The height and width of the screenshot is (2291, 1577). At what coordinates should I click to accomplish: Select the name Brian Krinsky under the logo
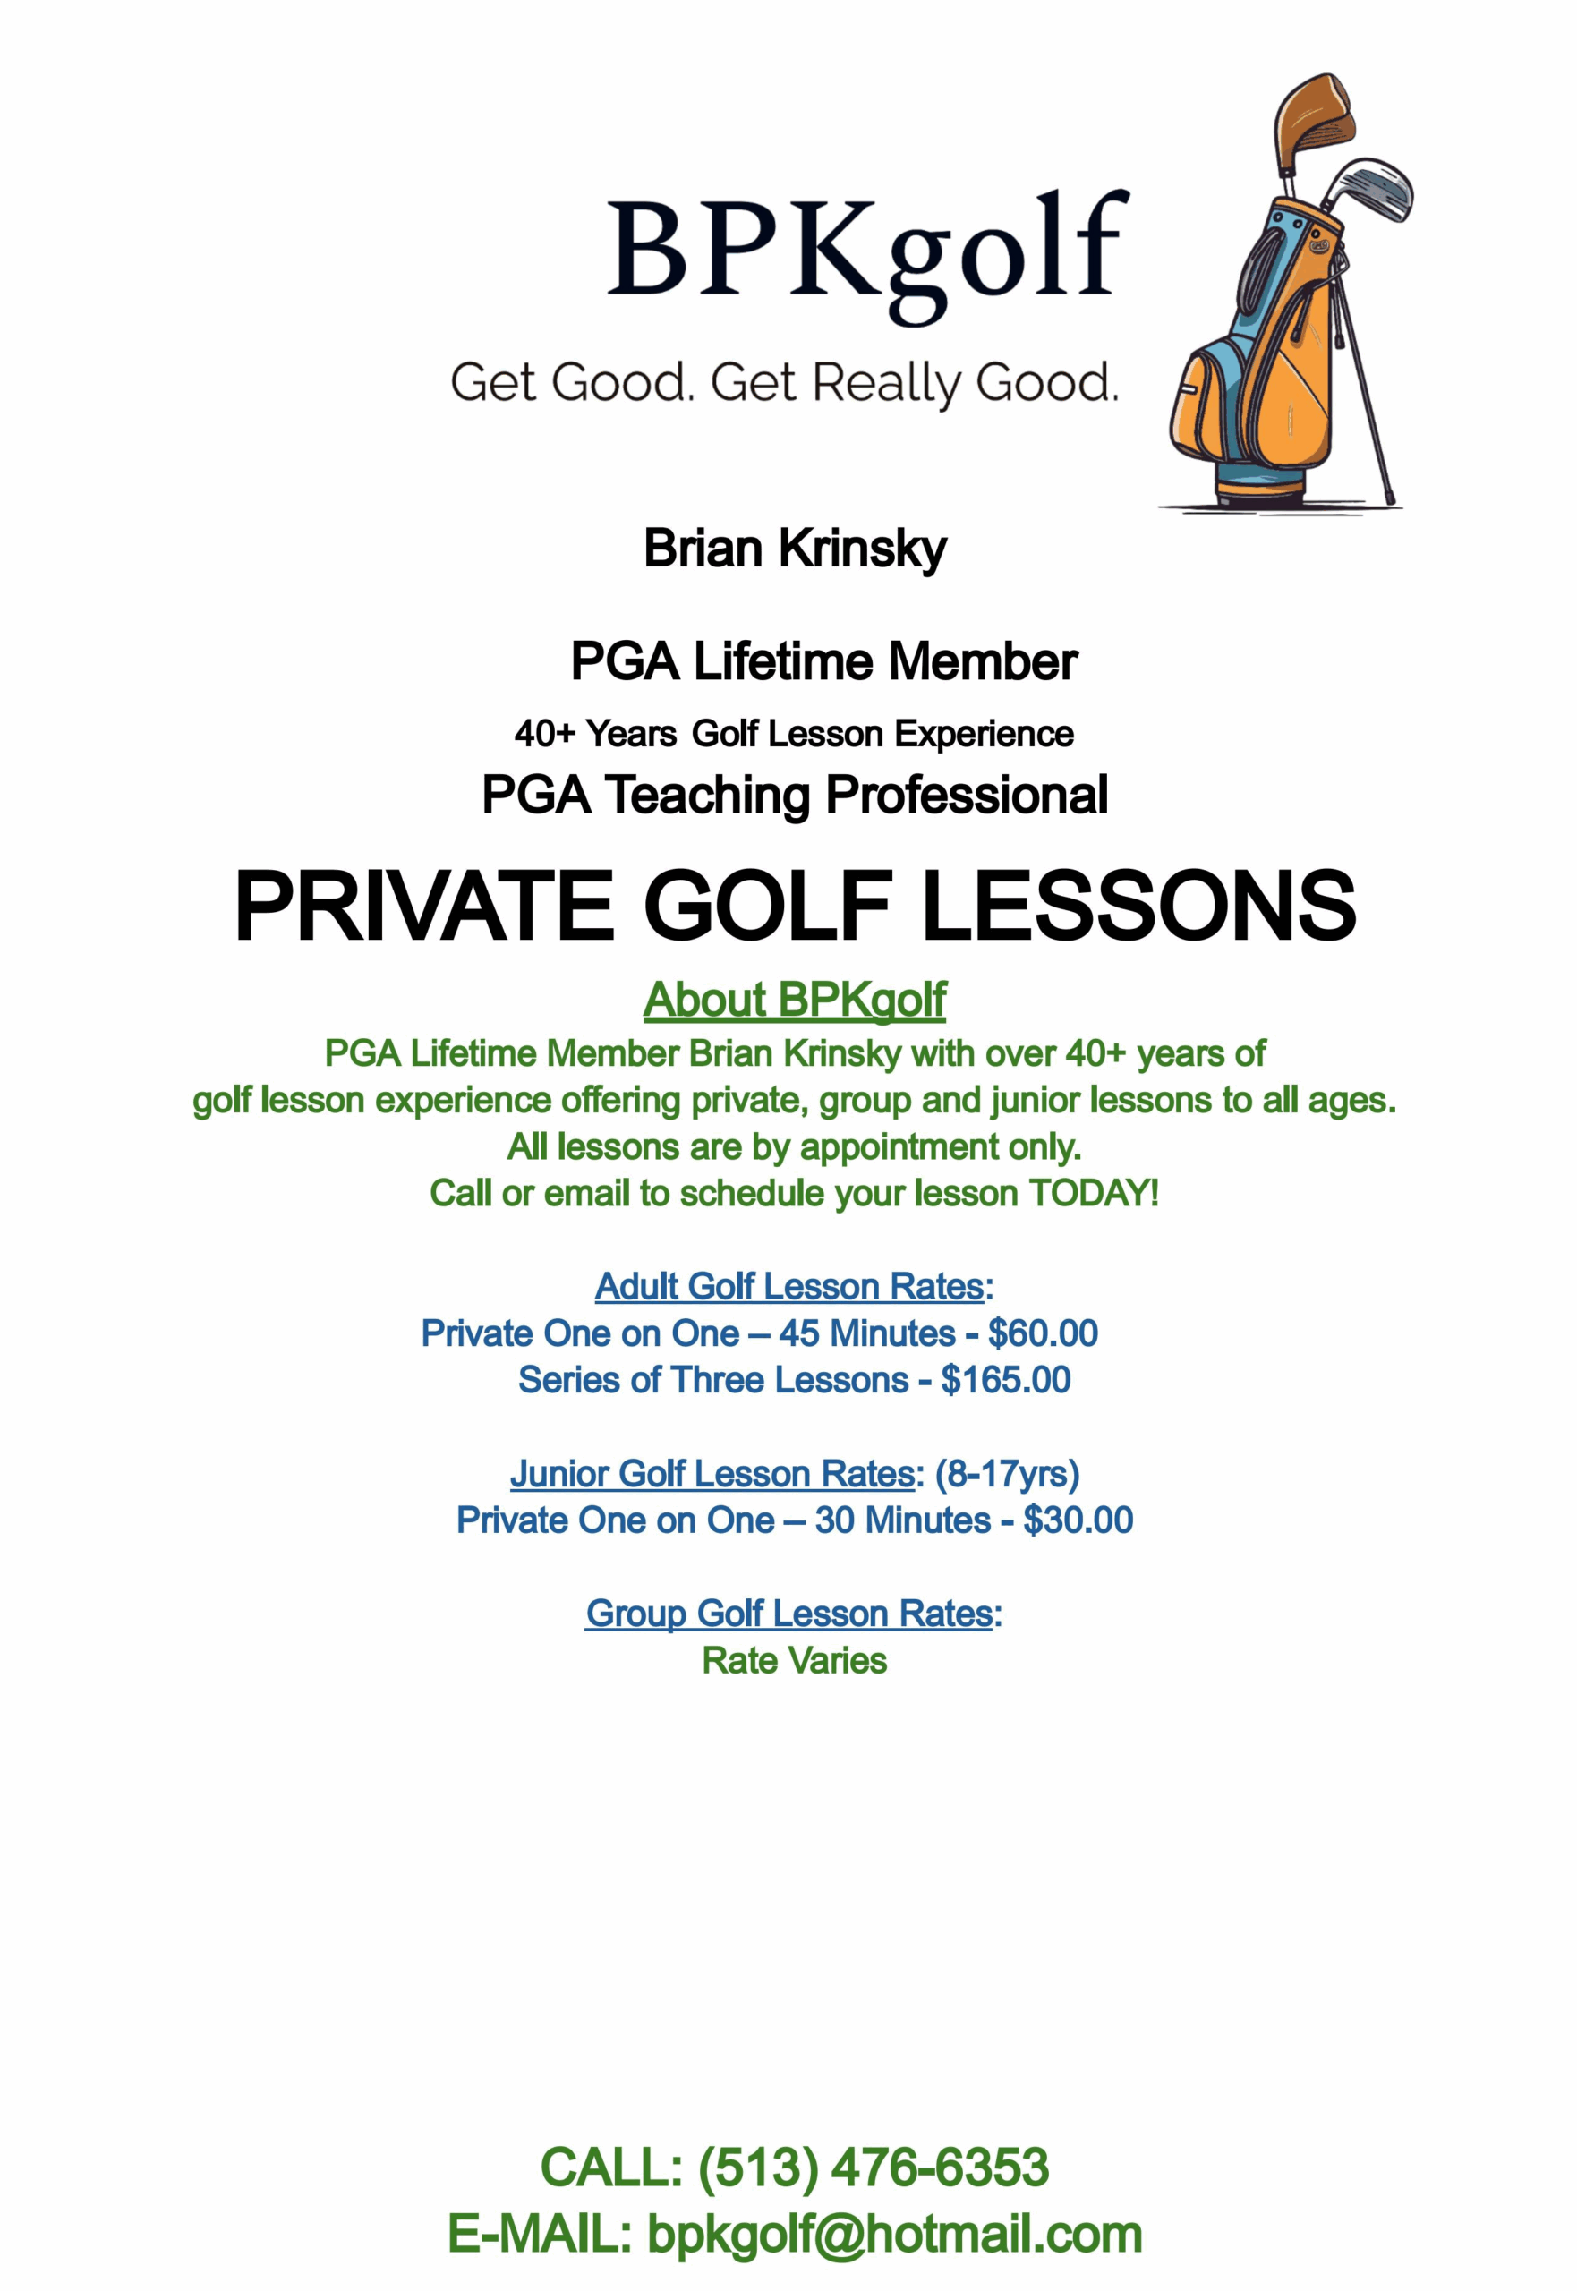pyautogui.click(x=795, y=549)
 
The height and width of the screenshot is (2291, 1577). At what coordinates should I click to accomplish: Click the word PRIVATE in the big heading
pyautogui.click(x=424, y=906)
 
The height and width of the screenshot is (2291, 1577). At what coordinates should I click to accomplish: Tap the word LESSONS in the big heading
pyautogui.click(x=1138, y=906)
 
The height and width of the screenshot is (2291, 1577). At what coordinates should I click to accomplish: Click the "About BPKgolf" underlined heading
pyautogui.click(x=795, y=1000)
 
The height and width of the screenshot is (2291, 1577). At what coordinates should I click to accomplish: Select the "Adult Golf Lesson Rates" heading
pyautogui.click(x=789, y=1286)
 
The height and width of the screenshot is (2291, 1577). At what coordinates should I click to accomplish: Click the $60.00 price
pyautogui.click(x=1043, y=1333)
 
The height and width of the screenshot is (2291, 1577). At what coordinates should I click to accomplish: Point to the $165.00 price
pyautogui.click(x=1005, y=1379)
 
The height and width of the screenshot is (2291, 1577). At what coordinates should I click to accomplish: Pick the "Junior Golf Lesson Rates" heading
pyautogui.click(x=712, y=1473)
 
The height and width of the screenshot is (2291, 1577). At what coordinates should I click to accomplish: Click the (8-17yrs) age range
pyautogui.click(x=1007, y=1473)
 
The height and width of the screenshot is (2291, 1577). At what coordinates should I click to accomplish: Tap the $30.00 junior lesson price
pyautogui.click(x=1078, y=1520)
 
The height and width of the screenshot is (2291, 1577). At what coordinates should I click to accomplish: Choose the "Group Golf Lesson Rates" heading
pyautogui.click(x=788, y=1614)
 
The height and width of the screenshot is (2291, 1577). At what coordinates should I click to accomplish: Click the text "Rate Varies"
pyautogui.click(x=794, y=1661)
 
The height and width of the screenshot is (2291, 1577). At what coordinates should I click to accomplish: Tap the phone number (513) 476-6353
pyautogui.click(x=874, y=2168)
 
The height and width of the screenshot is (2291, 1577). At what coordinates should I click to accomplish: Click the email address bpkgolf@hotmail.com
pyautogui.click(x=894, y=2235)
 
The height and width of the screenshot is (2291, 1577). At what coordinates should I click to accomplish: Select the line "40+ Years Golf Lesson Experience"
pyautogui.click(x=794, y=734)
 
